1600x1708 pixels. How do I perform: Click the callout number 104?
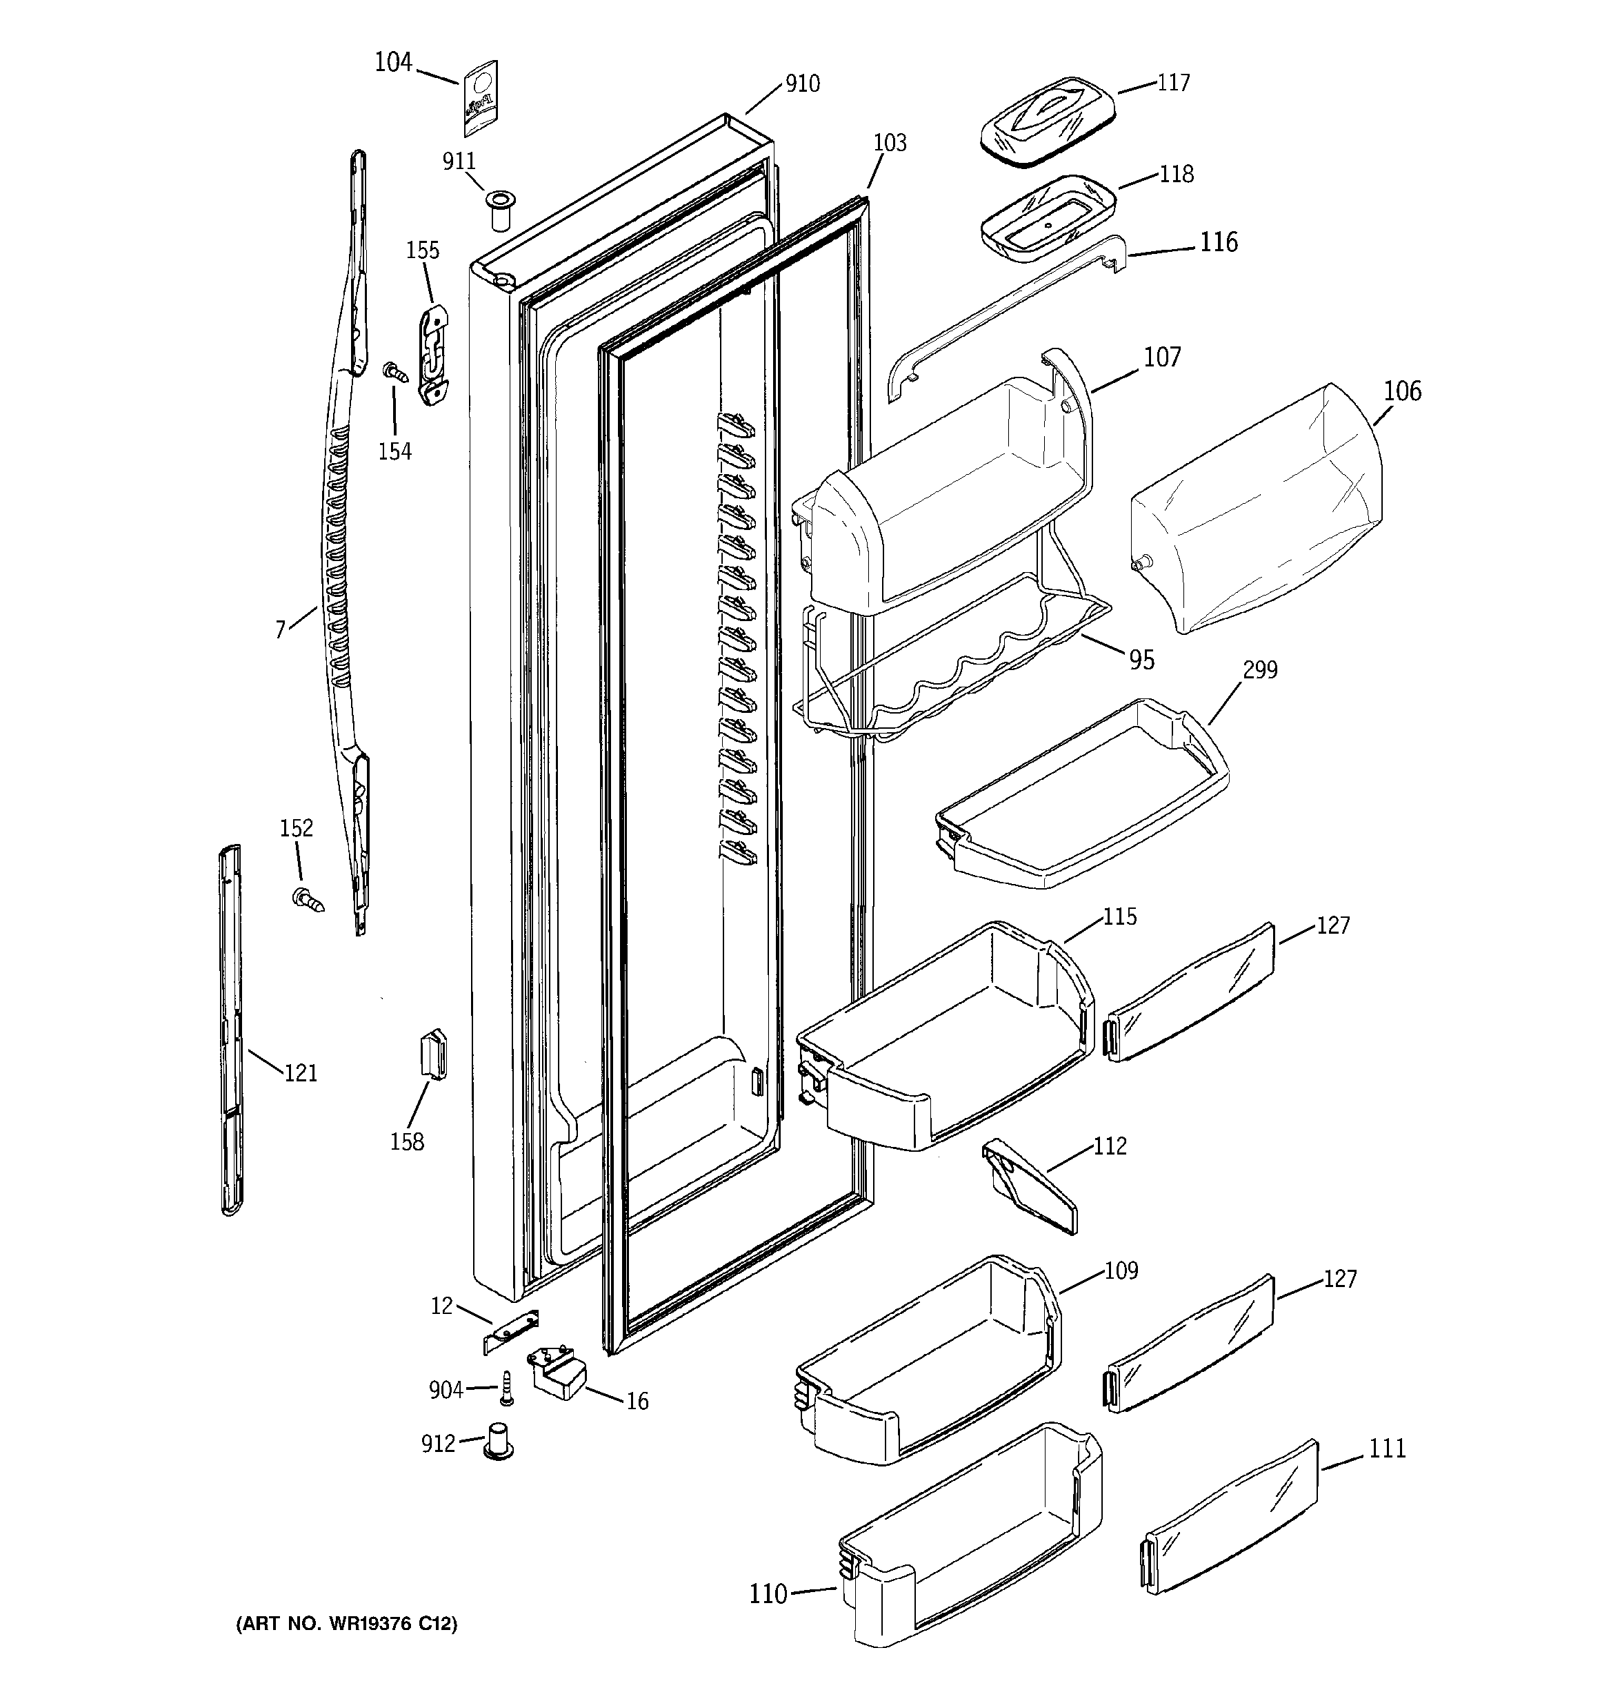tap(393, 63)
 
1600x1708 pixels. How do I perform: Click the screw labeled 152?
tap(308, 899)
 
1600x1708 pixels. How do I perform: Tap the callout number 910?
tap(802, 84)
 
